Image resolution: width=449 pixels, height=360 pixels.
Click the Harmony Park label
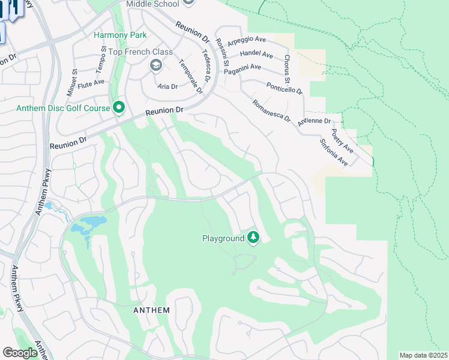[119, 35]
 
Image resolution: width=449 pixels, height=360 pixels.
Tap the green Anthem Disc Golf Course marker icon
[119, 108]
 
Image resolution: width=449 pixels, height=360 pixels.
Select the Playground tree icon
[253, 238]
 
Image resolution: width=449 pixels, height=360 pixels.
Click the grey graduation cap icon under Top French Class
[155, 65]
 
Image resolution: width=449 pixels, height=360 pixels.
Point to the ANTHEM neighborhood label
[151, 310]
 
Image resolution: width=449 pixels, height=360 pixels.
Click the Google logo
[20, 353]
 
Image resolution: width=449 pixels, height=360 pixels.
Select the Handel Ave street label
[256, 55]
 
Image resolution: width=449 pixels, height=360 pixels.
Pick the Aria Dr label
[167, 86]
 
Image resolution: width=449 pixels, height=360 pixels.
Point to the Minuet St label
[74, 80]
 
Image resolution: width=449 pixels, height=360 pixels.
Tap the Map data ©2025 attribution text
[423, 355]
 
